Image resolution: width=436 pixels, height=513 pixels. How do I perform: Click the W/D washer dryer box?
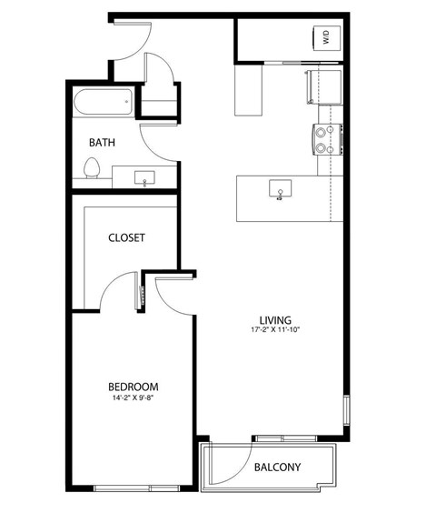324,38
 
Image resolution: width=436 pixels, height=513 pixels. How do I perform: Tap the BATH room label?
102,143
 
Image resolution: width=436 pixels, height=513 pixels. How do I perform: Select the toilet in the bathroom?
91,169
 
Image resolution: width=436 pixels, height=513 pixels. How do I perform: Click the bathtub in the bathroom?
105,102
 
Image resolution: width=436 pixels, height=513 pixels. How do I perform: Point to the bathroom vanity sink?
145,177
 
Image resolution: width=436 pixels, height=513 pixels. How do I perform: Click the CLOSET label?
126,237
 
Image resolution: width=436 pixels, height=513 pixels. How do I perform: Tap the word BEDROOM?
133,387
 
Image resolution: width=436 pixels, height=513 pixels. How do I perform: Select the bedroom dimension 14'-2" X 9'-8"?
133,398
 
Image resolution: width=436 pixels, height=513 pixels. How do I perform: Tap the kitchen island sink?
280,190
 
